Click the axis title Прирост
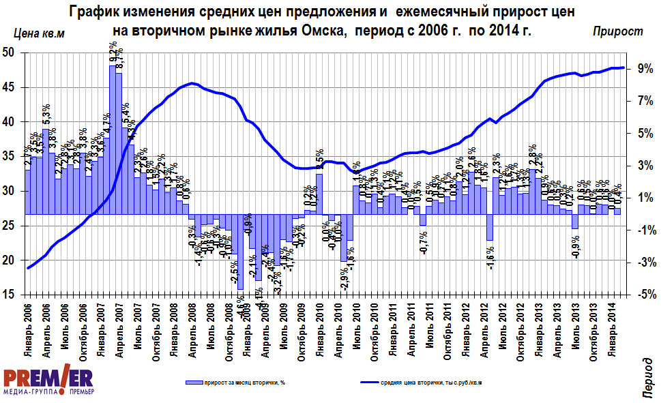tap(617, 31)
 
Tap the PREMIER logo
tap(48, 383)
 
